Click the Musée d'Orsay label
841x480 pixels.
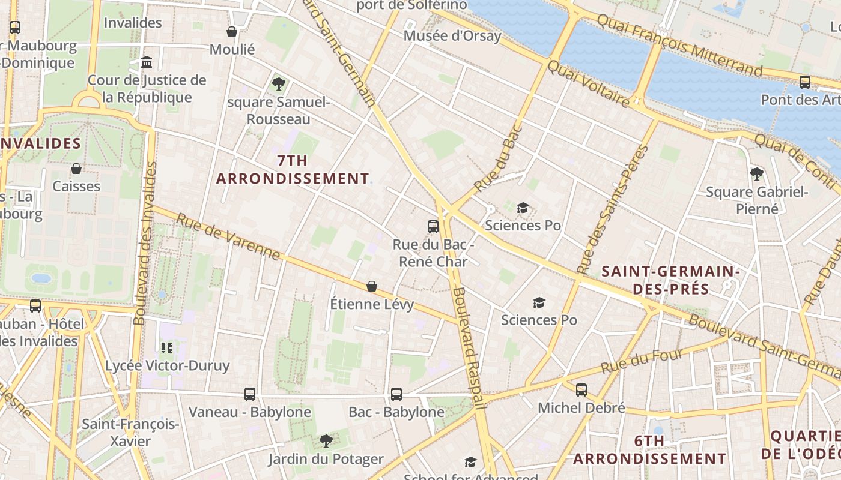tap(452, 36)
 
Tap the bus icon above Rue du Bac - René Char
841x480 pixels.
tap(433, 226)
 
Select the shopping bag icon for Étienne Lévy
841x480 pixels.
tap(372, 286)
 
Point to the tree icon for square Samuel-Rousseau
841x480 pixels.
tap(278, 83)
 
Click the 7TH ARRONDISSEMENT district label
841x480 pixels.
tap(293, 170)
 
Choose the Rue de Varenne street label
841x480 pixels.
tap(228, 236)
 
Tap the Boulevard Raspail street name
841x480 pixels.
tap(469, 348)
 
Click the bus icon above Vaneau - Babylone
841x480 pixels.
tap(250, 394)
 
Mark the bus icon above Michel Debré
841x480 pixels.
tap(581, 390)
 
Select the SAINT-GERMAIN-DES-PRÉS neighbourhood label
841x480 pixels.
tap(670, 280)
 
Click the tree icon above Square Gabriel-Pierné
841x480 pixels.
tap(756, 174)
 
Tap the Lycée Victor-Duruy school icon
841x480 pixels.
tap(167, 347)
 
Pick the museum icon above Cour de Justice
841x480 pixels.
tap(147, 62)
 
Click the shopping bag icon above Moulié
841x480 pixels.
tap(232, 32)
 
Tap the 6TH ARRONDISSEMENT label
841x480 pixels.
tap(649, 450)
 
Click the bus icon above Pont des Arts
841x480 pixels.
tap(804, 82)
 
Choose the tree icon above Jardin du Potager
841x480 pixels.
tap(326, 441)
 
